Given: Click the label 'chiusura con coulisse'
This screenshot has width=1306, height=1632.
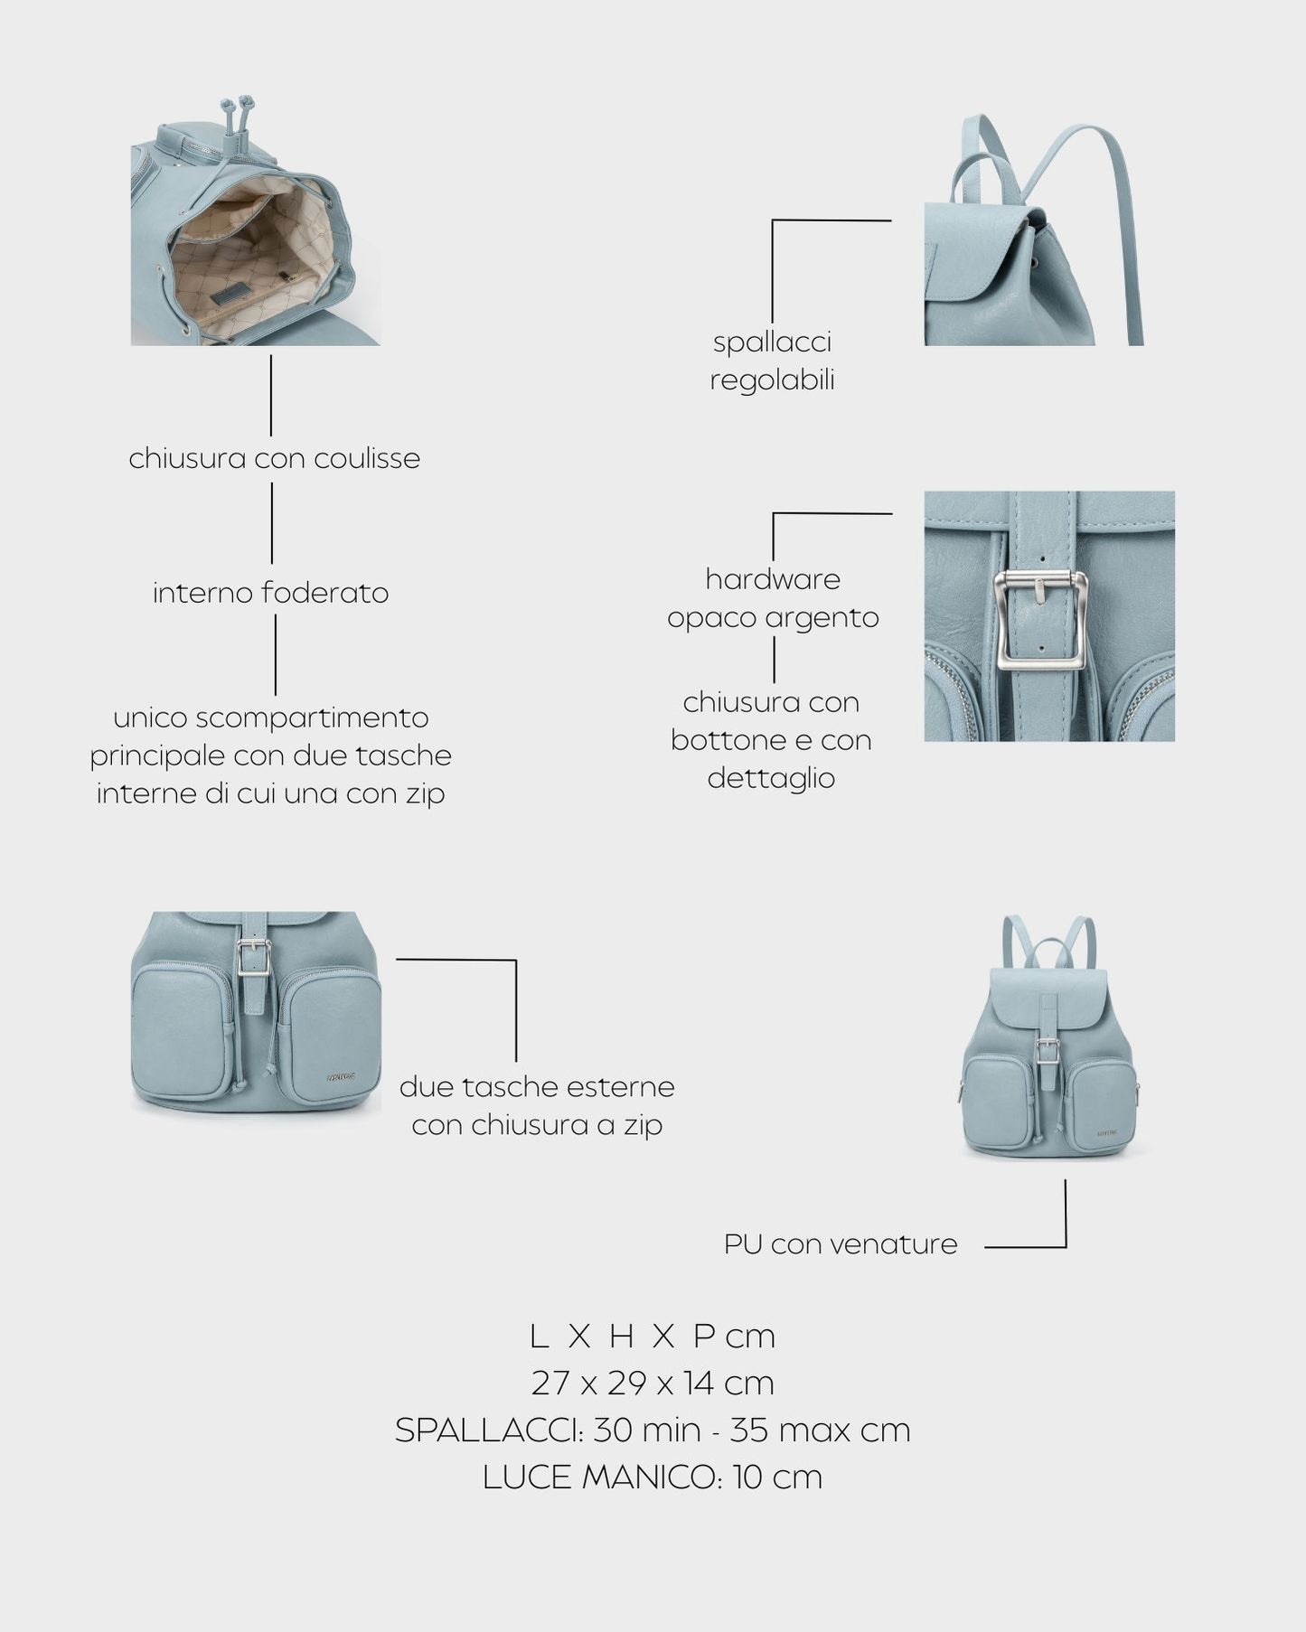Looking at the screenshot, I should [x=274, y=458].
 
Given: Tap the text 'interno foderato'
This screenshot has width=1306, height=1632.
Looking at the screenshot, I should [x=270, y=593].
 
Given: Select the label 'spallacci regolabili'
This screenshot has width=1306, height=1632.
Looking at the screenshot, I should [x=772, y=361].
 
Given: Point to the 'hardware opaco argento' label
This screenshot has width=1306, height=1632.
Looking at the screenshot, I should [x=773, y=598].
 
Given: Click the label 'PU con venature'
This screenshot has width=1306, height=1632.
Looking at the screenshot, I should [x=840, y=1244].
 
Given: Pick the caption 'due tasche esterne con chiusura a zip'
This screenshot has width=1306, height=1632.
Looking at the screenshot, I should [x=537, y=1105].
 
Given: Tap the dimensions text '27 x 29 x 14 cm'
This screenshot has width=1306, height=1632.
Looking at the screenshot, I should [x=652, y=1383].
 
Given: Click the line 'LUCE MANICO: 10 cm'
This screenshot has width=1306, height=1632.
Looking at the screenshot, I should [x=652, y=1477].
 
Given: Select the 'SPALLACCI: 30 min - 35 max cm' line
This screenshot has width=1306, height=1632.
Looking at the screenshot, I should [x=652, y=1430].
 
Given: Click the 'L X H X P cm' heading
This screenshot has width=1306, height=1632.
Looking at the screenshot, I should [x=652, y=1336].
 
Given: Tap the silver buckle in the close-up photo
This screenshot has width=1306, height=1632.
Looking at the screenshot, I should [x=1040, y=622].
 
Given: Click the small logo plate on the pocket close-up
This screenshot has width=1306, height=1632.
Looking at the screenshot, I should [x=342, y=1075].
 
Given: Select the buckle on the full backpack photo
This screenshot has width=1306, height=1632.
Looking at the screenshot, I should [x=1048, y=1051].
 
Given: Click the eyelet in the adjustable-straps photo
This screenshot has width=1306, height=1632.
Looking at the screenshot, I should [x=1033, y=264].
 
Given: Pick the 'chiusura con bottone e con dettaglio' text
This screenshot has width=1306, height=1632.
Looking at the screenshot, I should [x=771, y=740].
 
